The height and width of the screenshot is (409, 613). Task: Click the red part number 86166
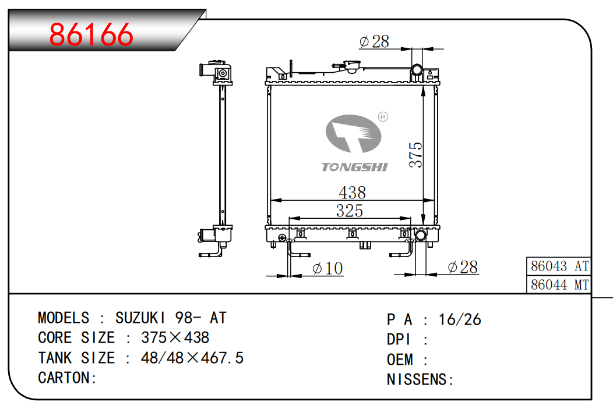(91, 34)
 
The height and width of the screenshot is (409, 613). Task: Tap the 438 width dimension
(352, 193)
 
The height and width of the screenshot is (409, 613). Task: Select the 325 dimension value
(350, 211)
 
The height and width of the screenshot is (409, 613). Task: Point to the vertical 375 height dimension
(415, 155)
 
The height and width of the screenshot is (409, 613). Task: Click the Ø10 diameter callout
(327, 268)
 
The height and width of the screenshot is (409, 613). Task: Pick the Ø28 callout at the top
(374, 41)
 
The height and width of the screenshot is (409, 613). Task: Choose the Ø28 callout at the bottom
(463, 267)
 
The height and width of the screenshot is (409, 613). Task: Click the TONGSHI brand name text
(354, 167)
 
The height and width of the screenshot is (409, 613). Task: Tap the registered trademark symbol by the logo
(383, 117)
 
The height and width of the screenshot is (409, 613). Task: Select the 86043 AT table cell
(559, 266)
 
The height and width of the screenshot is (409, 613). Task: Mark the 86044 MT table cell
(559, 285)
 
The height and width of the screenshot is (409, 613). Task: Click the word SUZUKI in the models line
(140, 318)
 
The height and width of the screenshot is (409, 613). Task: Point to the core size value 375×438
(175, 337)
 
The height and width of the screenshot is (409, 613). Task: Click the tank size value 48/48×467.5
(192, 358)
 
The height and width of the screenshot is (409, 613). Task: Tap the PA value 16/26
(460, 319)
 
